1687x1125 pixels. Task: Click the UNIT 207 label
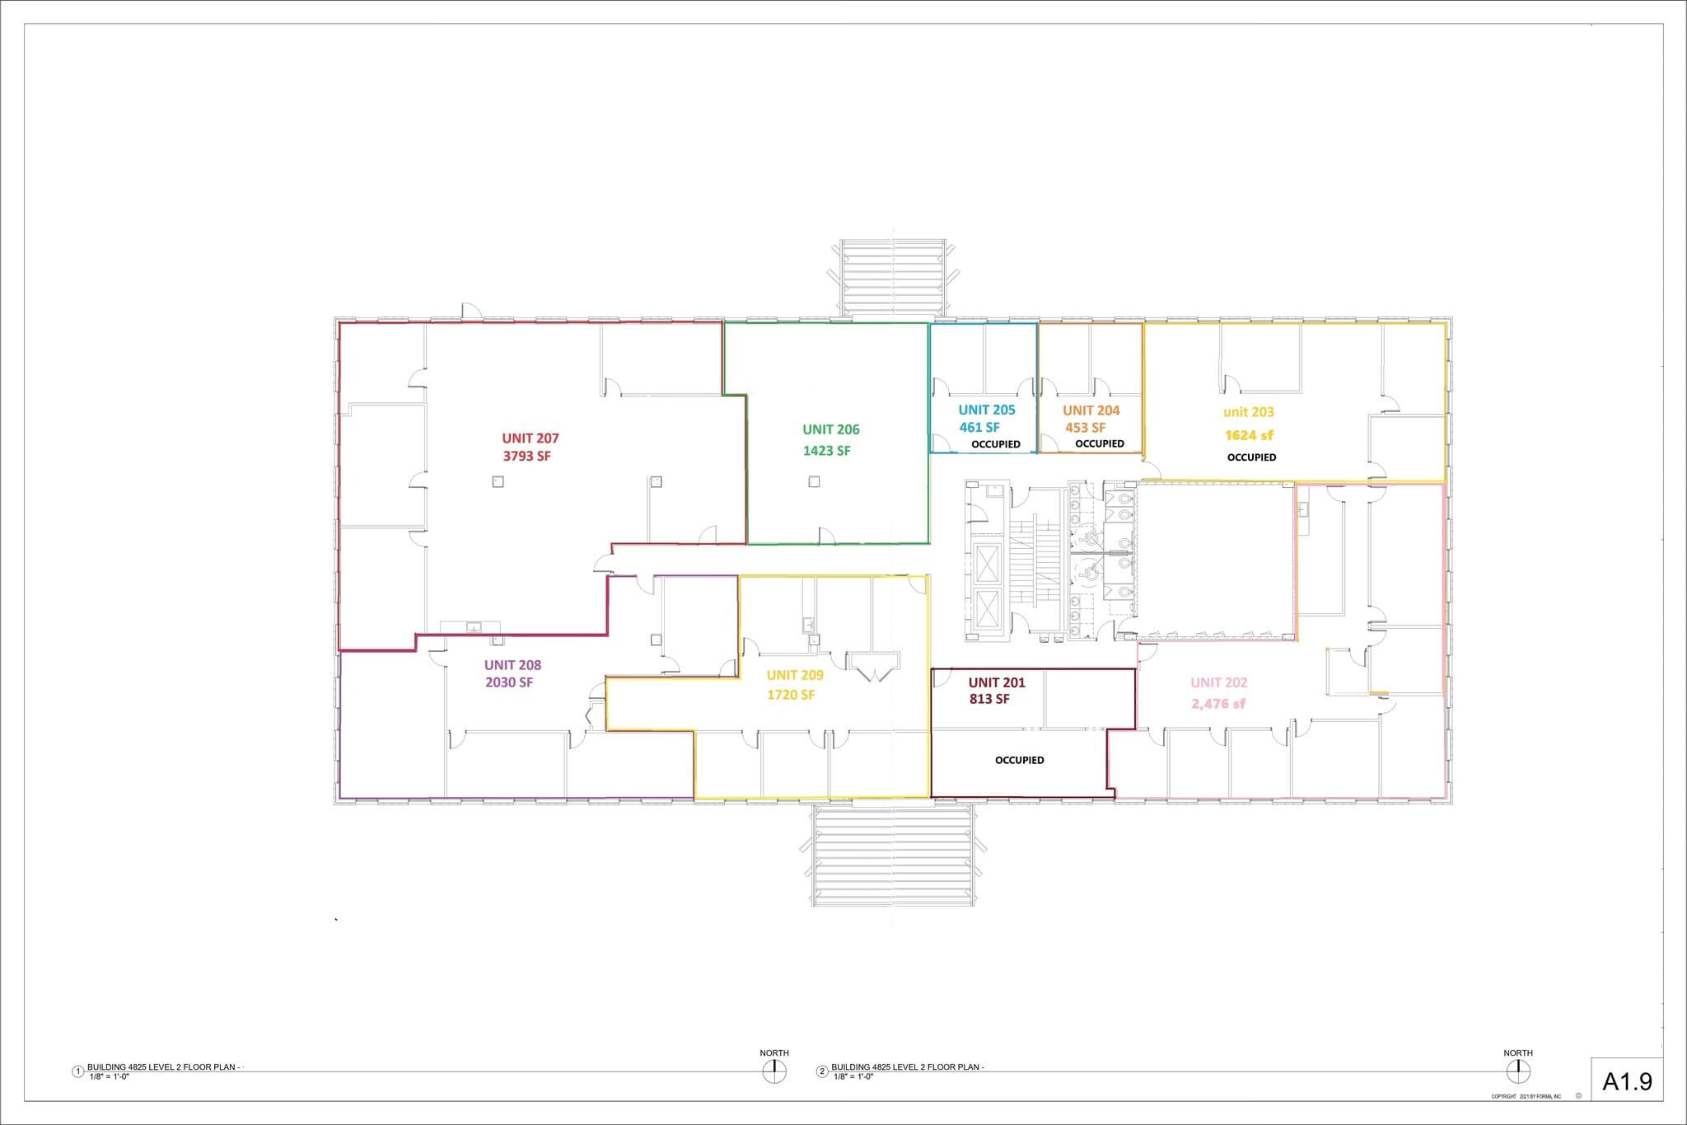click(530, 438)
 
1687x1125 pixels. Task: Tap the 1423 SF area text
click(826, 451)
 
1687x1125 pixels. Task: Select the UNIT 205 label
click(986, 410)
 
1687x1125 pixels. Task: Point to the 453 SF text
click(1085, 428)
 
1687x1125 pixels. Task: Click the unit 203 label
click(1248, 412)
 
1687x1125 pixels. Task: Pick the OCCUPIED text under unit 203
click(1251, 457)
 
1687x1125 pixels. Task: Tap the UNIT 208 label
click(512, 665)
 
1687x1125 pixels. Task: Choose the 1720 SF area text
click(791, 695)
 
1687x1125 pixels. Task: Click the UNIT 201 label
click(997, 682)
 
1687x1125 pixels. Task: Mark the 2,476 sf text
click(1218, 704)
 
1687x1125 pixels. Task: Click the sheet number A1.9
click(1627, 1081)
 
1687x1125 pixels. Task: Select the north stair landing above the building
click(893, 278)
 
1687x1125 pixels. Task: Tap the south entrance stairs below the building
click(893, 855)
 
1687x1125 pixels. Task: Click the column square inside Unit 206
click(814, 482)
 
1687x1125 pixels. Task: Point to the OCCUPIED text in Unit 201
click(1019, 760)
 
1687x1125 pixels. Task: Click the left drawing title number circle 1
click(78, 1071)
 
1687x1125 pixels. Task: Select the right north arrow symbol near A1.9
click(1518, 1071)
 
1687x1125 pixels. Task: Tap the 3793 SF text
click(527, 456)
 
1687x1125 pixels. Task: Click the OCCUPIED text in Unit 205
click(995, 444)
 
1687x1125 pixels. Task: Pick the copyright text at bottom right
click(1526, 1096)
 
